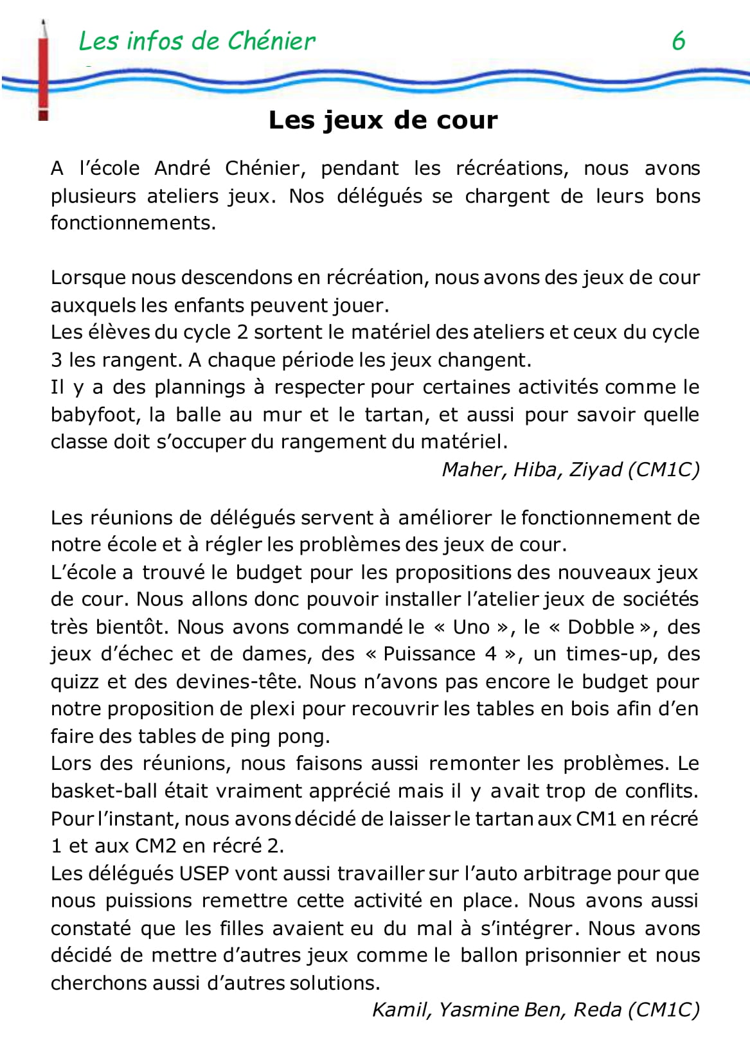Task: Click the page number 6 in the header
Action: (678, 41)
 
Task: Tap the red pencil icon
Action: (44, 71)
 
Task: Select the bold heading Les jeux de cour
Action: (383, 120)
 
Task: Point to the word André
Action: (182, 168)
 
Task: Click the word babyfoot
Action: (94, 415)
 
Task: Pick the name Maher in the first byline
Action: (472, 470)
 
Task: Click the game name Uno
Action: (471, 627)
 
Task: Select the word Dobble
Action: (602, 627)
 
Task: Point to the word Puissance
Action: (427, 654)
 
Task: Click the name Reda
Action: (597, 1010)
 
